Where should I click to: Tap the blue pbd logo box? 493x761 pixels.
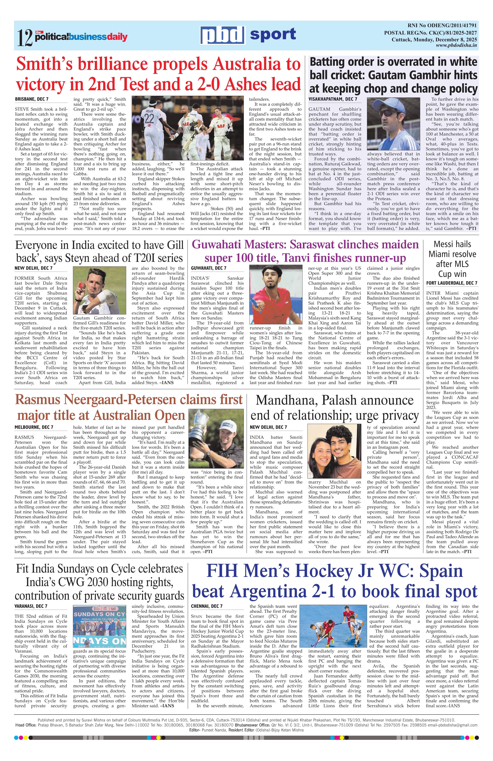coord(222,35)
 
